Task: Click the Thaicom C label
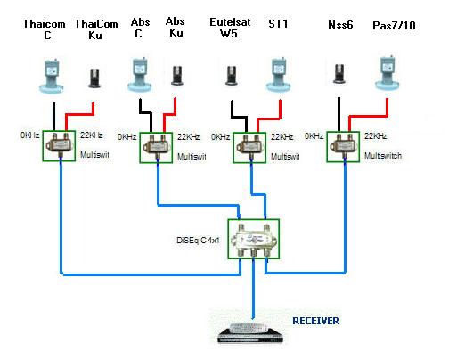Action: [x=45, y=29]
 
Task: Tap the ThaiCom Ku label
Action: [x=96, y=29]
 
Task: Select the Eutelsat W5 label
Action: [x=230, y=28]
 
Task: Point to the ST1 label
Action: [x=278, y=24]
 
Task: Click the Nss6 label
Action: [x=340, y=25]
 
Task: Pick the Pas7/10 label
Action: [x=394, y=26]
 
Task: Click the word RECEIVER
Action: [x=315, y=321]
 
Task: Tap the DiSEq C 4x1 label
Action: [x=198, y=240]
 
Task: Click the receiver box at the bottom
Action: [x=250, y=333]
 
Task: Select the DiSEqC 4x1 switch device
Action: [x=254, y=239]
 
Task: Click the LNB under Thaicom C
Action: [x=52, y=76]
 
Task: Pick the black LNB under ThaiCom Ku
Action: [x=95, y=78]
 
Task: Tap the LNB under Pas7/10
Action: [x=388, y=73]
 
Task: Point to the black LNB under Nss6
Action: [x=339, y=73]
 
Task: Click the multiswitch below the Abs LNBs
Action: [x=156, y=148]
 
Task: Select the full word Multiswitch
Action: [x=383, y=156]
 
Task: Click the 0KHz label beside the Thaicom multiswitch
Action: [x=29, y=135]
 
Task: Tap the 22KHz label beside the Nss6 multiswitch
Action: [x=376, y=136]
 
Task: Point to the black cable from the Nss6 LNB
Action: [x=339, y=114]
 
